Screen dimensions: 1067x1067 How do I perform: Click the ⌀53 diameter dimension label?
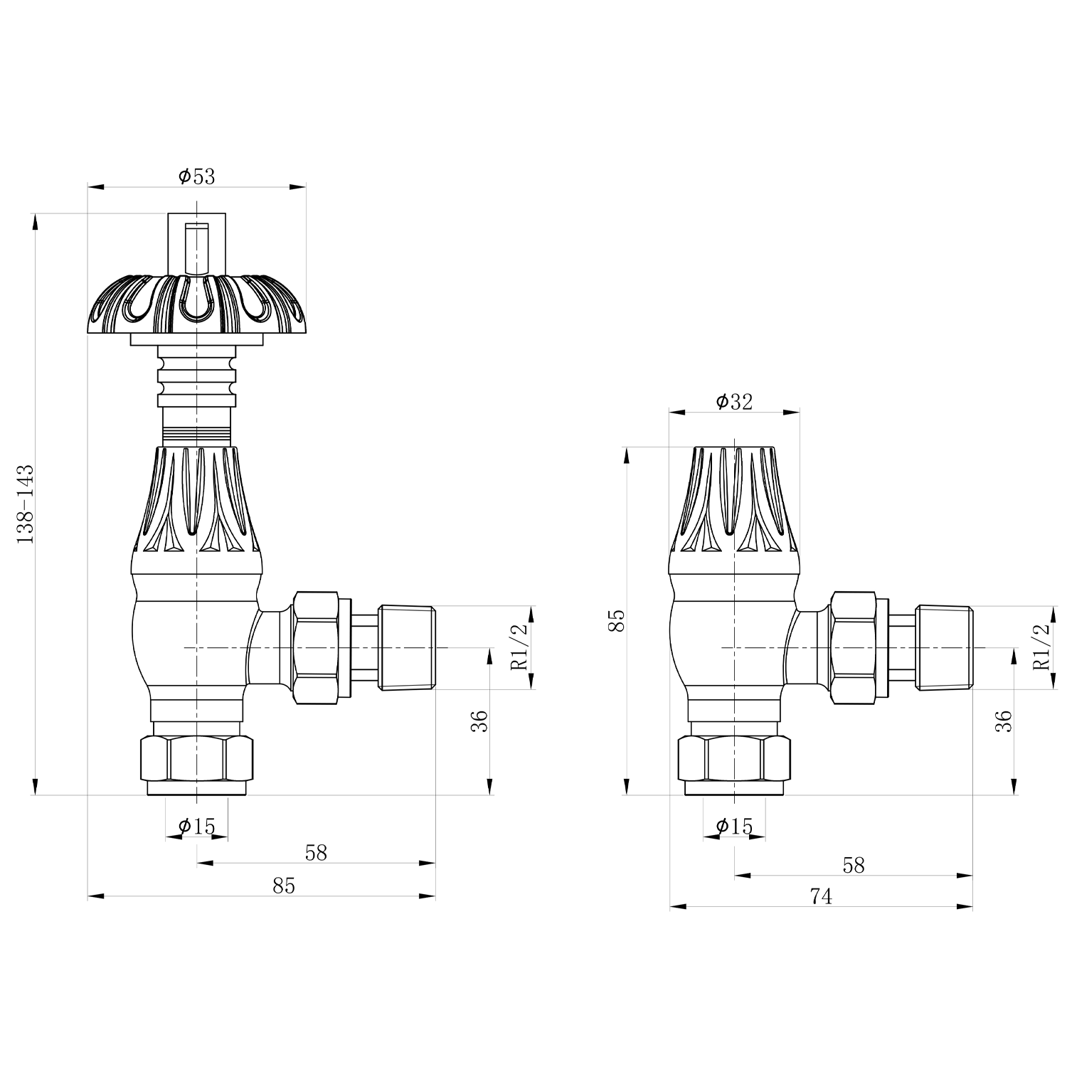(197, 176)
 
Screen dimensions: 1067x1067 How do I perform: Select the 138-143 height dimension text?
(26, 504)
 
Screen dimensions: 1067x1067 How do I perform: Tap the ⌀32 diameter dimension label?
(734, 402)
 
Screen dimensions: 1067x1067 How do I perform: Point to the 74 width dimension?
(821, 896)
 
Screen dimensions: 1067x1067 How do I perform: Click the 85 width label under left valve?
(283, 886)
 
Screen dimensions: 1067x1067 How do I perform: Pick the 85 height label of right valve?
(617, 620)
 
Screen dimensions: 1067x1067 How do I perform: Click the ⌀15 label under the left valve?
(197, 826)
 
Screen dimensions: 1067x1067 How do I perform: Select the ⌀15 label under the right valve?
(735, 826)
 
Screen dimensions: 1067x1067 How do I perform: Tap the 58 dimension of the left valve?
(316, 853)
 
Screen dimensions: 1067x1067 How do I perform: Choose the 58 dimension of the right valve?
(854, 865)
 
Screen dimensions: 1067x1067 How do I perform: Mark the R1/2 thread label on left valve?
(520, 647)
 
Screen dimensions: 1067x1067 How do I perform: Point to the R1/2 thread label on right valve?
(1041, 647)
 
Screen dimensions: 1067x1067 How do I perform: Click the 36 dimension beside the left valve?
(481, 721)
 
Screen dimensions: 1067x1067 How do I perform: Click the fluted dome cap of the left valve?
(197, 304)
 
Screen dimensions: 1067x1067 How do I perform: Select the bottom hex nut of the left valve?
(197, 758)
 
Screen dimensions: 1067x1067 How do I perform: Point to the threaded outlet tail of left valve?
(407, 647)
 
